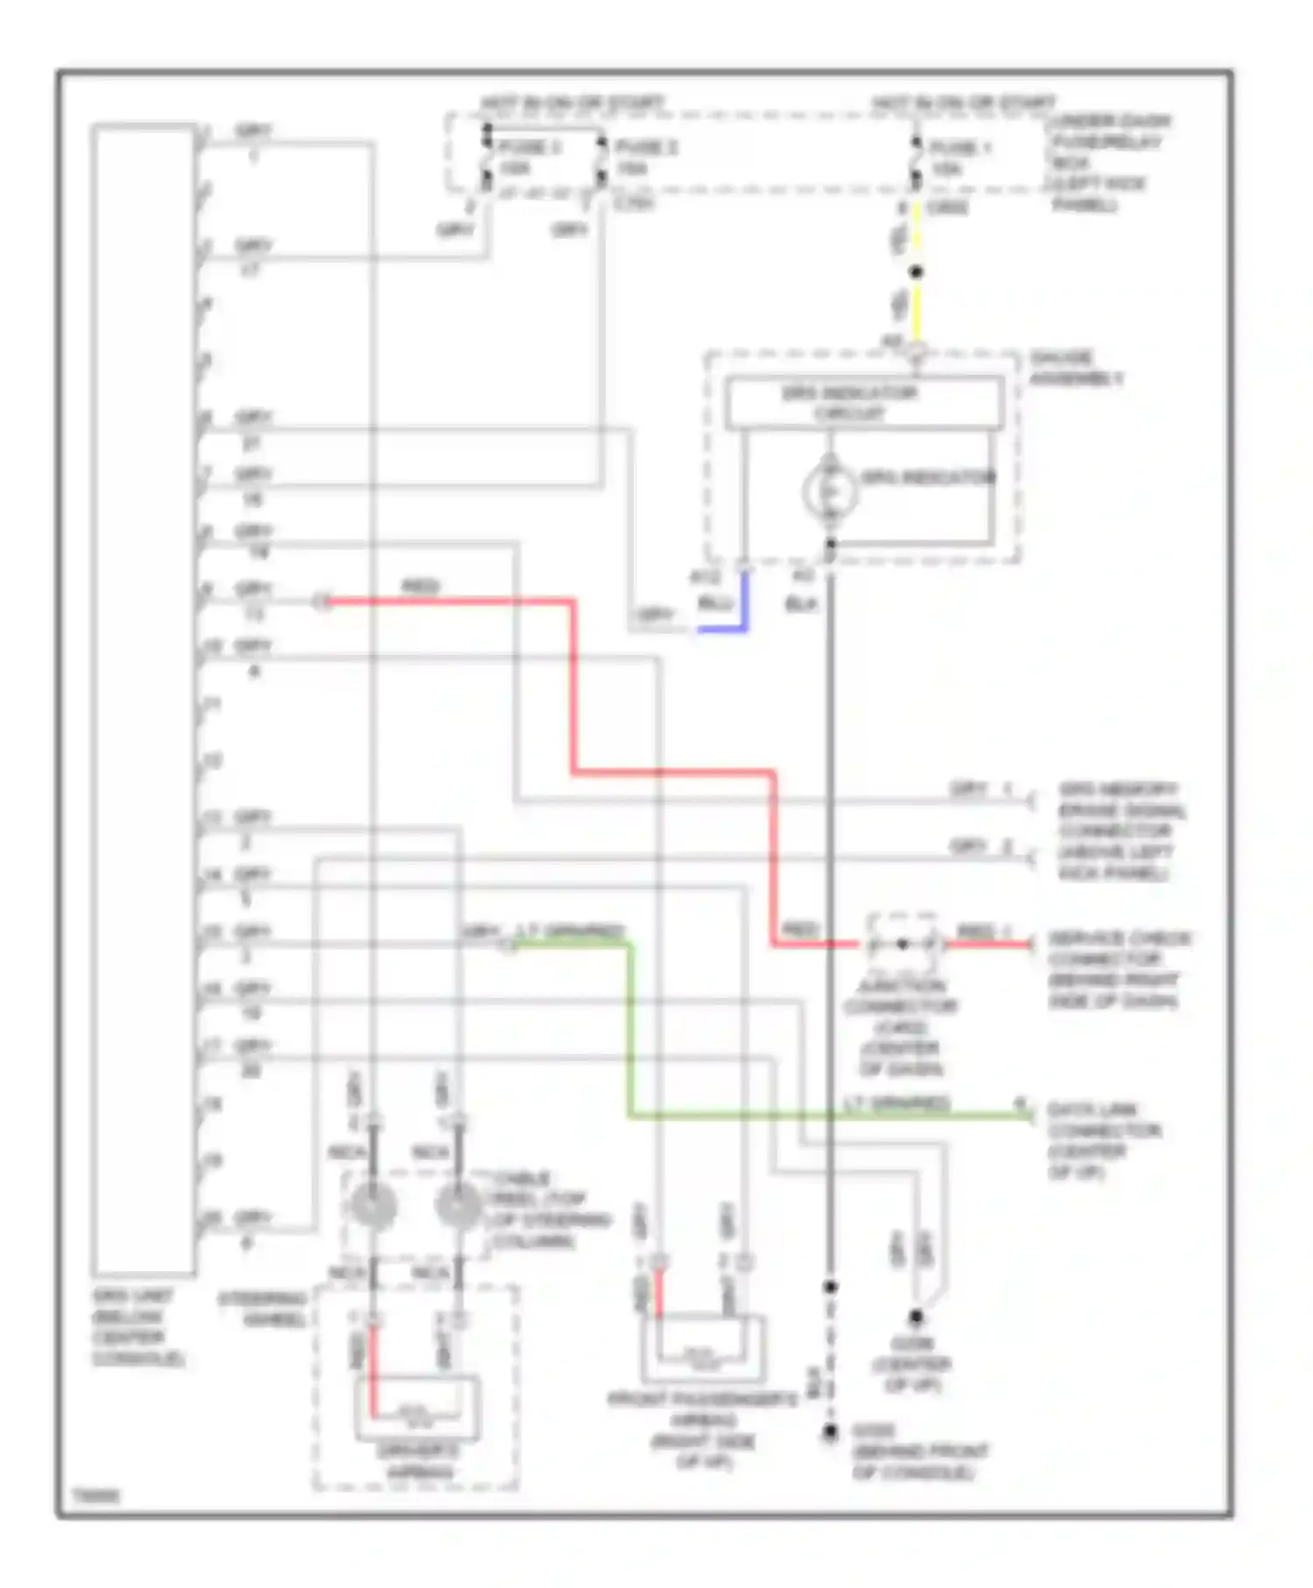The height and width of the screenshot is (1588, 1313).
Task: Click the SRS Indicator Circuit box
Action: pyautogui.click(x=865, y=404)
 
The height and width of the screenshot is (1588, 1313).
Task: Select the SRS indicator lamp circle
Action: pyautogui.click(x=829, y=490)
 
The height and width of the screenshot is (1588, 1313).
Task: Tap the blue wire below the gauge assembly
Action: pyautogui.click(x=744, y=604)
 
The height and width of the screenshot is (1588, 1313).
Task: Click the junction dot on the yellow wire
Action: pyautogui.click(x=916, y=272)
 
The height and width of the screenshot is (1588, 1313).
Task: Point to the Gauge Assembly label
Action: pyautogui.click(x=1075, y=368)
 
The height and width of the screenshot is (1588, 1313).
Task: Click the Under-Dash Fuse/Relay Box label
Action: pyautogui.click(x=1109, y=162)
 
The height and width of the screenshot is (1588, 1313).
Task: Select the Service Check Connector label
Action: pyautogui.click(x=1118, y=969)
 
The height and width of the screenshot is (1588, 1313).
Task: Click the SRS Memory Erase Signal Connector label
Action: pyautogui.click(x=1120, y=830)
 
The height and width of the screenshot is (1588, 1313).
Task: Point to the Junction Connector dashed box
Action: pyautogui.click(x=902, y=944)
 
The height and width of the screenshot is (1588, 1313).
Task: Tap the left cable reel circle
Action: pyautogui.click(x=373, y=1206)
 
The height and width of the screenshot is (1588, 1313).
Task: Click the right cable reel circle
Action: pyautogui.click(x=457, y=1206)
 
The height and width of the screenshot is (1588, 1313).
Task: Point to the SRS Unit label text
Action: pyautogui.click(x=137, y=1326)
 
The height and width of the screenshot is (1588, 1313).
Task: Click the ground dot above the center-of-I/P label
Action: pyautogui.click(x=916, y=1316)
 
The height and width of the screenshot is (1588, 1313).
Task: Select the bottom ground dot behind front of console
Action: pyautogui.click(x=829, y=1433)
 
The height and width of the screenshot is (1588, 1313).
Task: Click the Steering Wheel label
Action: pyautogui.click(x=262, y=1309)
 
